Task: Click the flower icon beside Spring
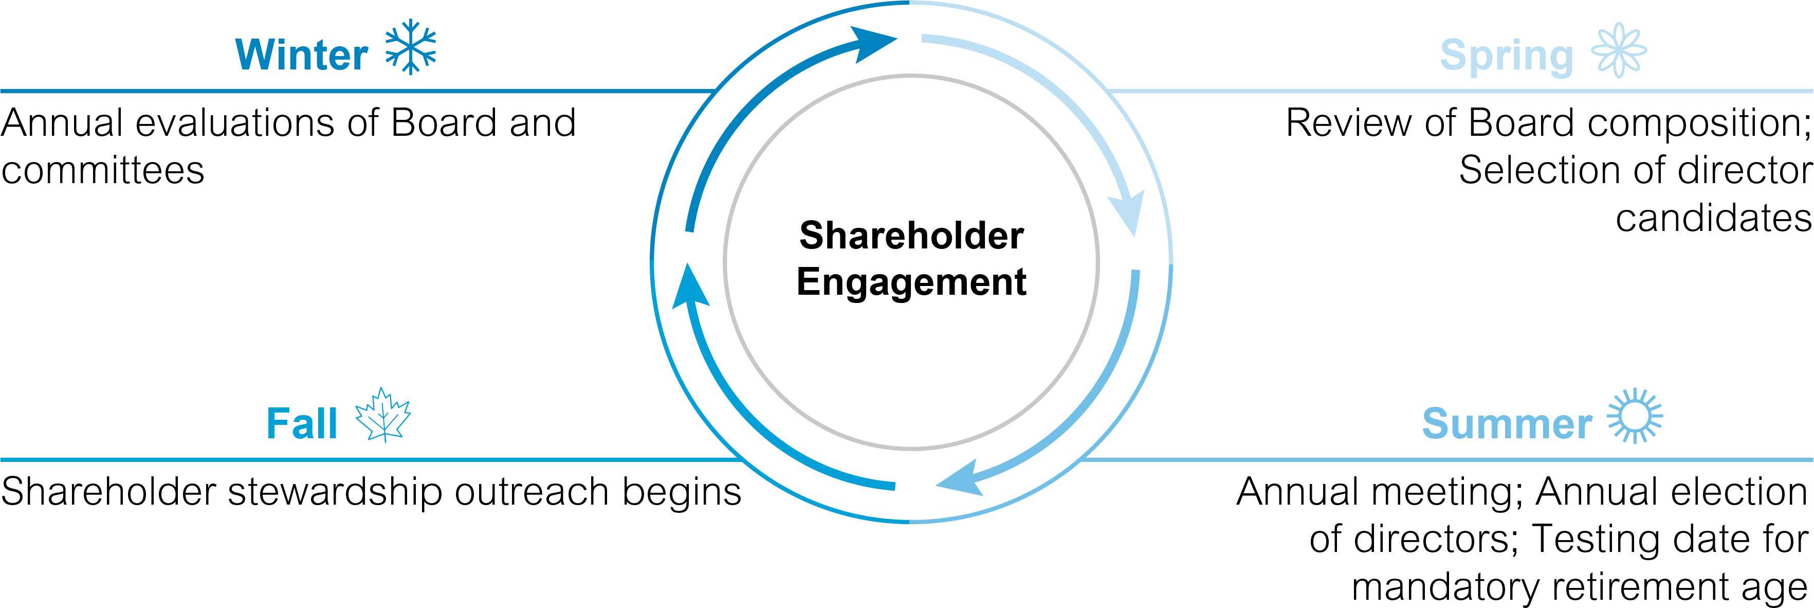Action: click(1619, 50)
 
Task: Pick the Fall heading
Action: click(301, 423)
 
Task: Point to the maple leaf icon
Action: click(383, 415)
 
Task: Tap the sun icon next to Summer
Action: click(1635, 416)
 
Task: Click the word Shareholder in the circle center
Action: click(911, 235)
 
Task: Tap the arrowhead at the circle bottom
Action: click(961, 478)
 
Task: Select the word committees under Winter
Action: click(103, 170)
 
